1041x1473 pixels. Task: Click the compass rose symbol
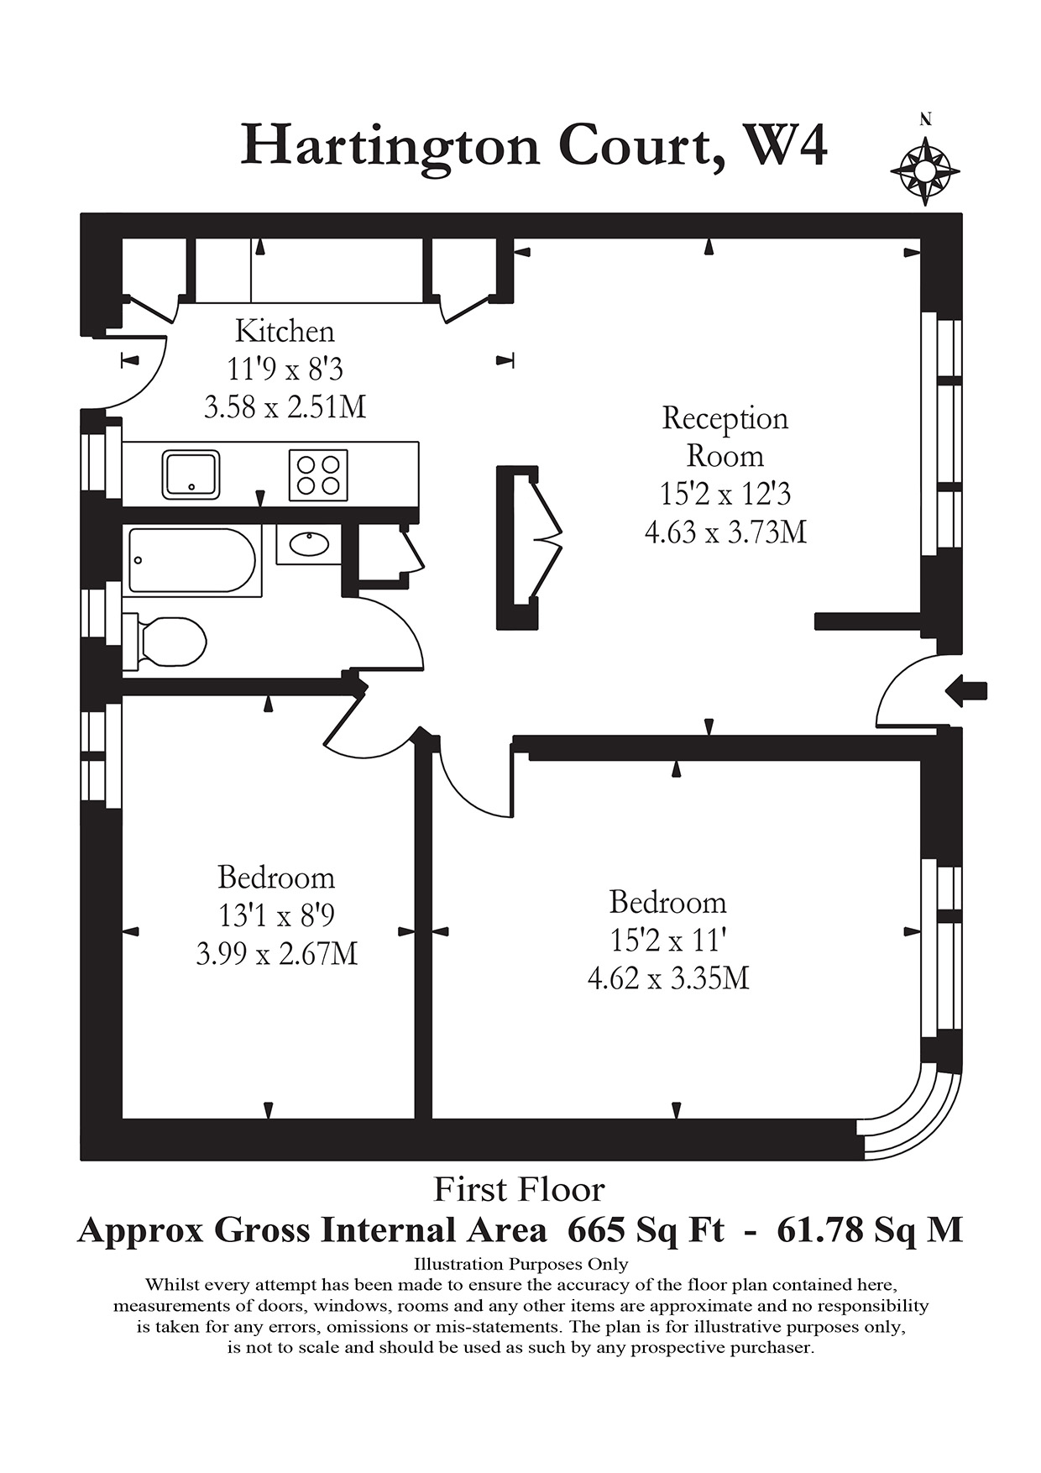924,170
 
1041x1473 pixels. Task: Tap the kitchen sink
191,474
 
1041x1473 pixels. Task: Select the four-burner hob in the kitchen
318,475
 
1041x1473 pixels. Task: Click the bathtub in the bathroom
192,561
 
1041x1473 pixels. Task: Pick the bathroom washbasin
308,544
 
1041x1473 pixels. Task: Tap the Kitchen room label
285,331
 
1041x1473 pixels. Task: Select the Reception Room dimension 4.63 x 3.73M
725,532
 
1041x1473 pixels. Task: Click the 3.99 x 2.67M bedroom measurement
277,954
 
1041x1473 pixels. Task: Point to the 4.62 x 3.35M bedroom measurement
668,978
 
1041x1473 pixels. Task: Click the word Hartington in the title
390,146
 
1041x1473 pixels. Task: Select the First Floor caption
519,1190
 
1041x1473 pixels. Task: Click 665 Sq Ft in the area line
646,1230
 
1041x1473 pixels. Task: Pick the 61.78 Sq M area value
870,1230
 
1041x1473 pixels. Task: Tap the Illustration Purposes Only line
520,1264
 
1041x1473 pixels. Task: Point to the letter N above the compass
925,119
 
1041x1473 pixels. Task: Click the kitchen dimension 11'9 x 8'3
285,370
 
